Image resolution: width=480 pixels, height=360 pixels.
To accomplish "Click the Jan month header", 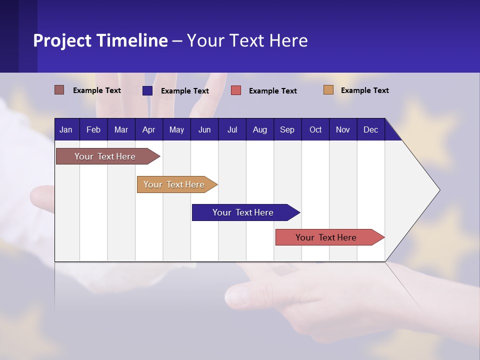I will coord(66,130).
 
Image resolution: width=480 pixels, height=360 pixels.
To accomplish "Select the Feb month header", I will coord(93,130).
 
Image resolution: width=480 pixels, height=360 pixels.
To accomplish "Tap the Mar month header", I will coord(121,130).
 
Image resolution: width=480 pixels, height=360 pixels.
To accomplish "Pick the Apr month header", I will coord(148,130).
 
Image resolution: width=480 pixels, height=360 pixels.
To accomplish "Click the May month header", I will coord(176,130).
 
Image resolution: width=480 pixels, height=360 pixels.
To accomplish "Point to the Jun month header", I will coord(204,130).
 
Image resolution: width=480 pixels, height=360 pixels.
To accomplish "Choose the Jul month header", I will coord(232,130).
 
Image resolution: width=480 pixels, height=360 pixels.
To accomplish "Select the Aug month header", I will coord(259,130).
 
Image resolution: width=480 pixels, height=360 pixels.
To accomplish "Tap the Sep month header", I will coord(287,130).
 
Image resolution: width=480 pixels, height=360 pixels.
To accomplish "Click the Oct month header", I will coord(315,130).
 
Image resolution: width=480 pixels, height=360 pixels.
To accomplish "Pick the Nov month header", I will coord(343,130).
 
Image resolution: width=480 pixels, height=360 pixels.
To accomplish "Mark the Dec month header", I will coord(370,130).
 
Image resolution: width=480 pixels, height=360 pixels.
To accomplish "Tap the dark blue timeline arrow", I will coord(243,212).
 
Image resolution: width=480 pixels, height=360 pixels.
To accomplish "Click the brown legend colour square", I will coord(59,90).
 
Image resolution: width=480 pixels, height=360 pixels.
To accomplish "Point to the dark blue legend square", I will coord(147,90).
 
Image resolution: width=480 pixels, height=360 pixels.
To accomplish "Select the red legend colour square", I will coord(236,90).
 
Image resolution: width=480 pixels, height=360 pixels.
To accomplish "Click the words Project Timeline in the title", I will coord(100,40).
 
